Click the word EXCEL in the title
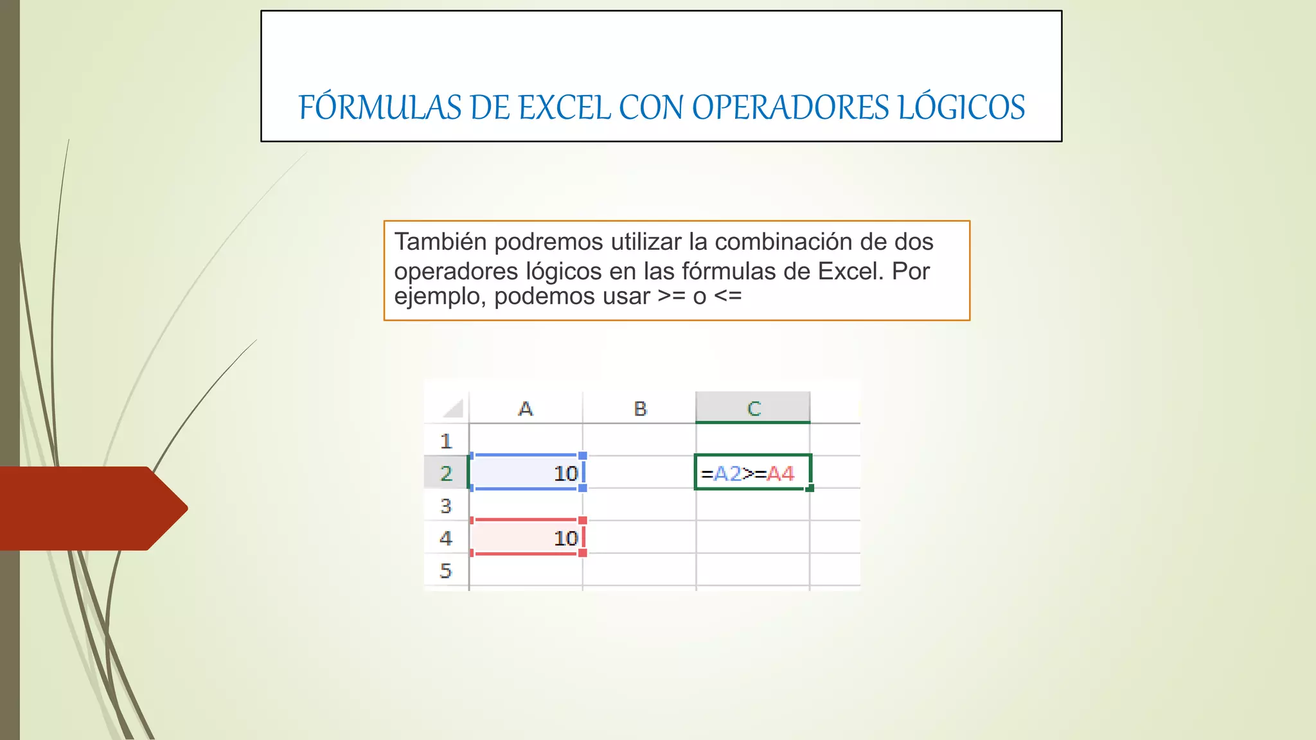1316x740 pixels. pos(565,107)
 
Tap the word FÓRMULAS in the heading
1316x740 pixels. pos(380,107)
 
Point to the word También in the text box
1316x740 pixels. pos(440,242)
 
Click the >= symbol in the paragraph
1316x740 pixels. pos(671,296)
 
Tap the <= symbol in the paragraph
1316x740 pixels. pos(728,296)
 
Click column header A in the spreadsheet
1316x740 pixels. pos(526,409)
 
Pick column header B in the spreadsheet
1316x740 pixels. pos(640,409)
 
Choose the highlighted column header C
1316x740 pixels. pos(753,409)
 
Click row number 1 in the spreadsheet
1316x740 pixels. pos(446,441)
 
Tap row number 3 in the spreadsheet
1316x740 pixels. pos(446,506)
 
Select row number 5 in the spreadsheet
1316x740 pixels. pos(446,570)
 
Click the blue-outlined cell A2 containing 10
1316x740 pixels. pos(526,473)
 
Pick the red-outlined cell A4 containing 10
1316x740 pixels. pos(526,538)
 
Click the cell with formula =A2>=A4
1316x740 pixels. pos(752,473)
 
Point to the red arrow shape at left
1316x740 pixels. pos(90,508)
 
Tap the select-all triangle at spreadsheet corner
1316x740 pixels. pos(454,409)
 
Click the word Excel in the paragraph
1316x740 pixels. pos(849,272)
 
